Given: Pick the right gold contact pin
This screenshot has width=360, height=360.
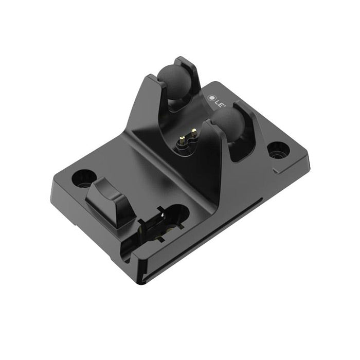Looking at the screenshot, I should (194, 133).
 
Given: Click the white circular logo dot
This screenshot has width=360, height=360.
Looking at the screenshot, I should (211, 96).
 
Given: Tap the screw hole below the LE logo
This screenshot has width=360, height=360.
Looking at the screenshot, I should (278, 150).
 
